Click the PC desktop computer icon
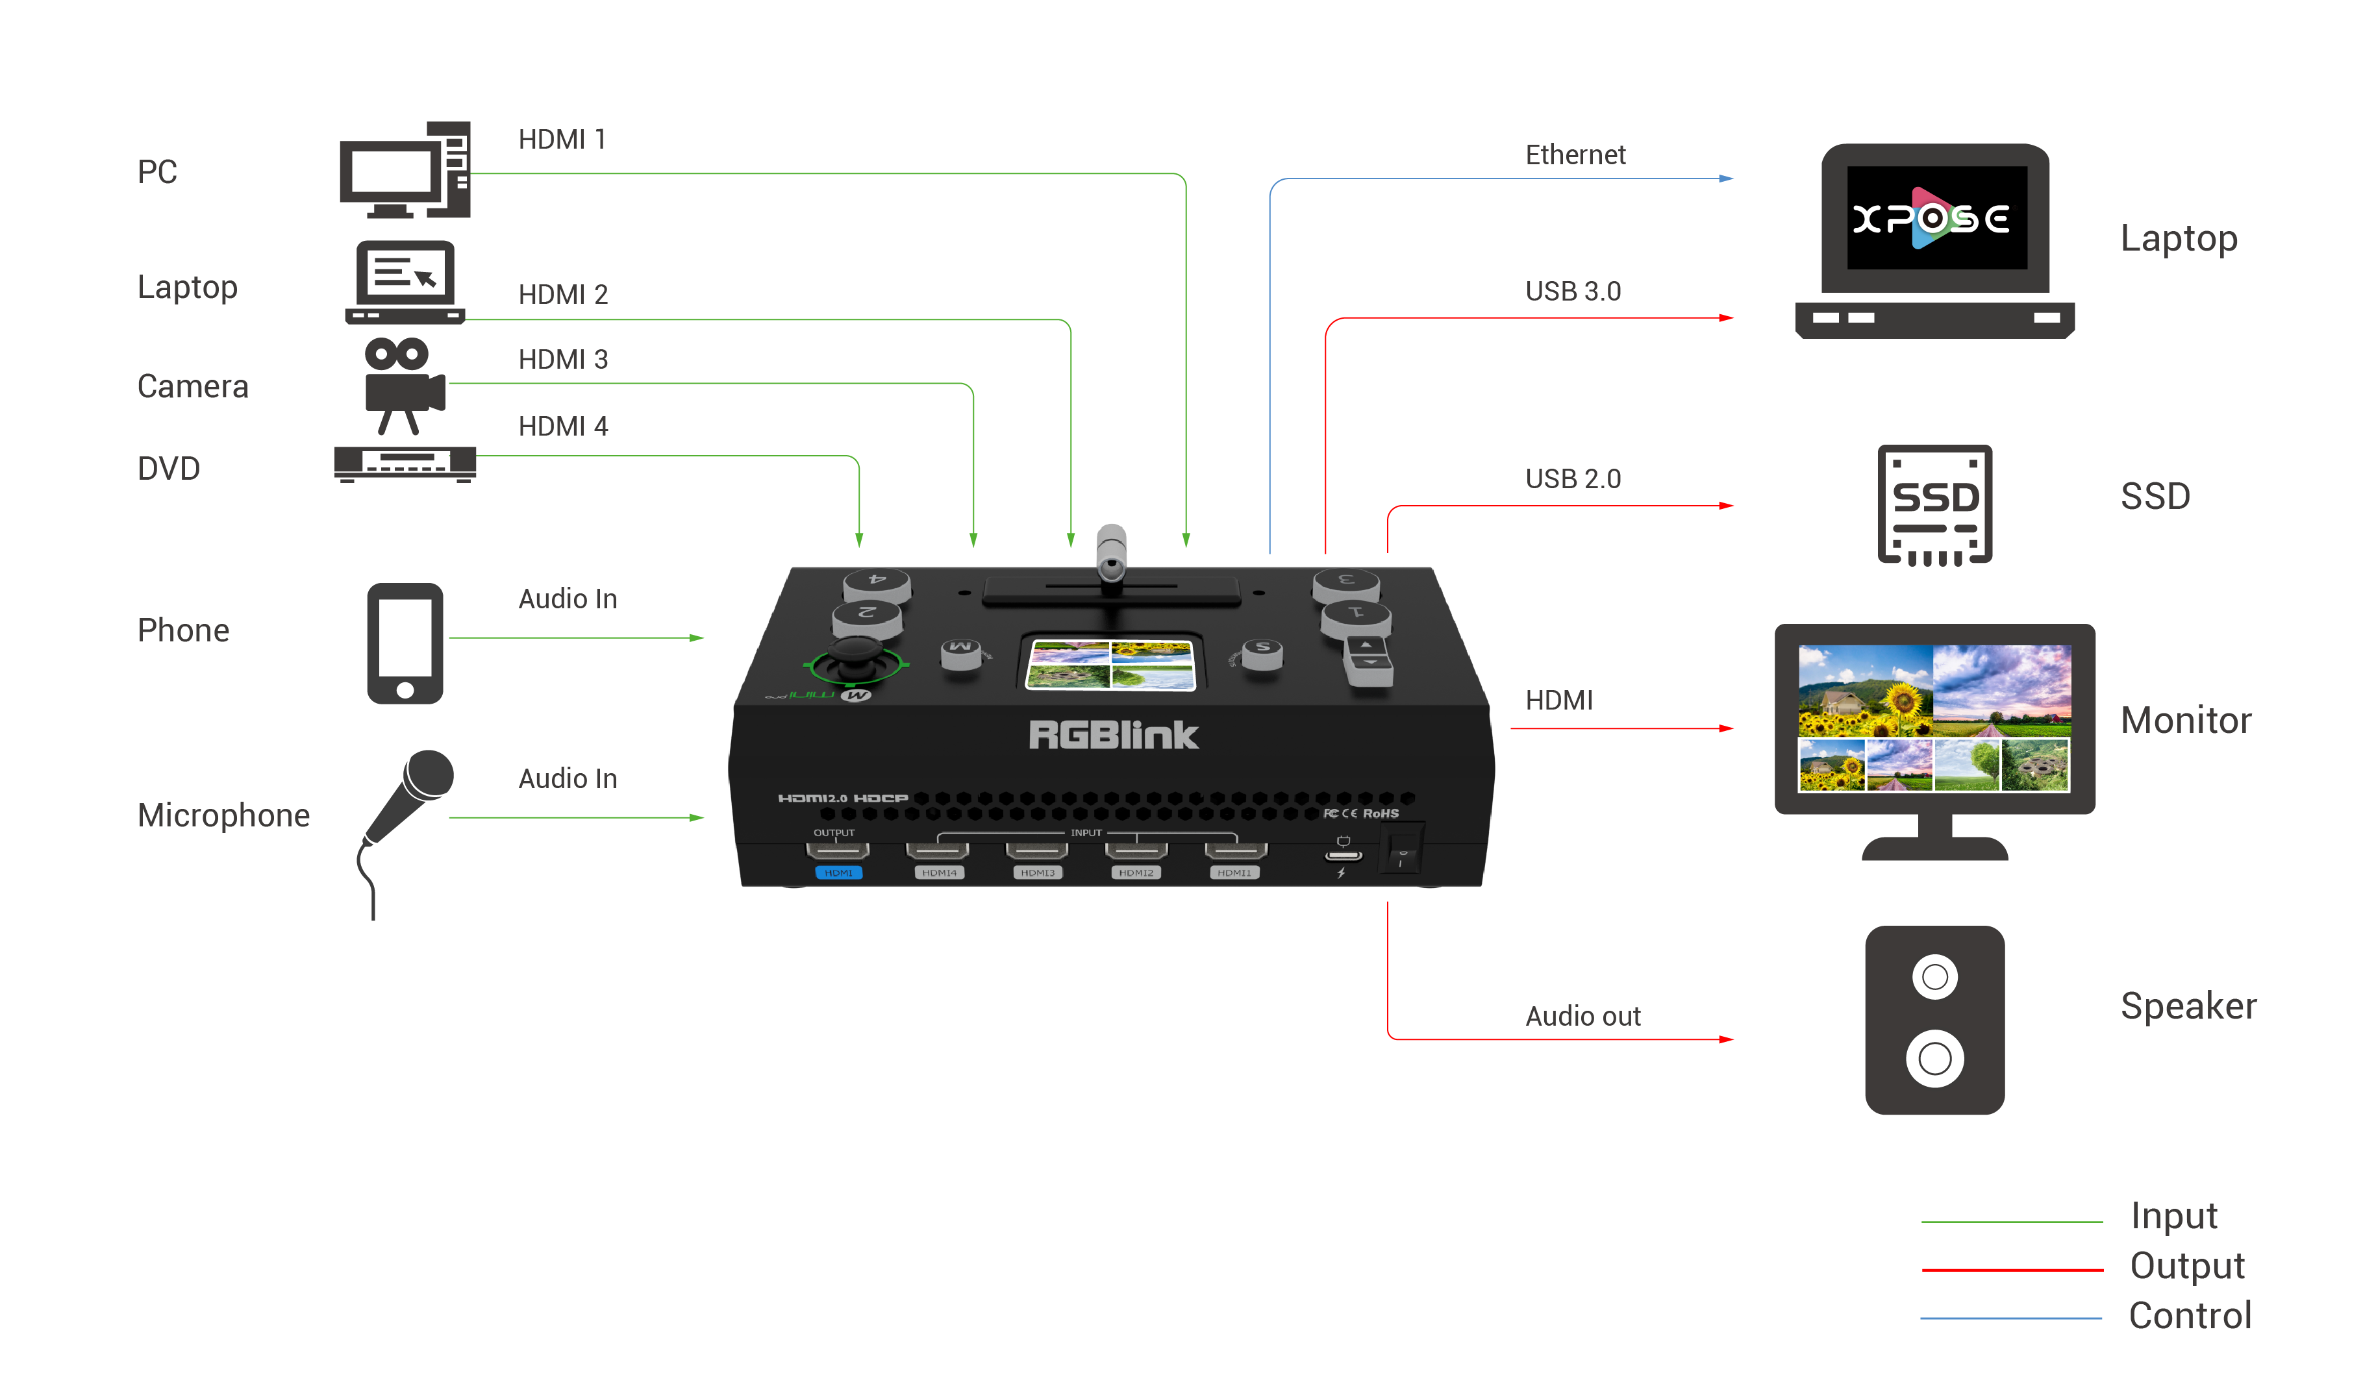pos(405,171)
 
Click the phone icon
pos(405,643)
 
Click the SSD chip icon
pos(1934,504)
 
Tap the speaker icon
pos(1934,1020)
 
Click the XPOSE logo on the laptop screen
pos(1931,219)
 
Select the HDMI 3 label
pos(563,359)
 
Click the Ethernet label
pos(1575,155)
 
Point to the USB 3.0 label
pos(1573,291)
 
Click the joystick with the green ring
pos(856,657)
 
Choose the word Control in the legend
pos(2190,1315)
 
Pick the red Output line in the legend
pos(2012,1270)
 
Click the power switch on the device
pos(1402,848)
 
